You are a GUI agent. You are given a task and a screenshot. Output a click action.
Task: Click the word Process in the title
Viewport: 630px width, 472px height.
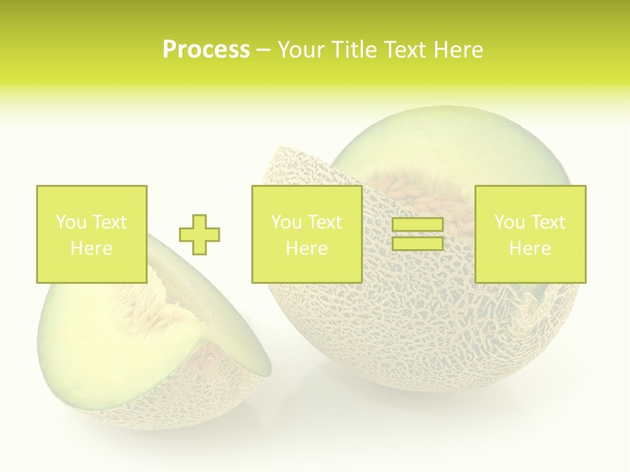click(206, 50)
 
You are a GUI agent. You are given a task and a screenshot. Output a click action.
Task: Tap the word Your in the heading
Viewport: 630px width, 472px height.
click(301, 50)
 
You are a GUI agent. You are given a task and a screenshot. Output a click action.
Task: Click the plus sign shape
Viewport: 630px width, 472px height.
click(199, 234)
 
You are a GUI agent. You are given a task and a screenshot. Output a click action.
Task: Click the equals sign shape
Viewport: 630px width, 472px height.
click(417, 234)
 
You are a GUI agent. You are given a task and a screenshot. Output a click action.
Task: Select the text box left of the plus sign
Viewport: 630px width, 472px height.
click(91, 234)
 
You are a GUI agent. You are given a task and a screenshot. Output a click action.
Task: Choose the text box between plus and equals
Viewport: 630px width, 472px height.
click(306, 234)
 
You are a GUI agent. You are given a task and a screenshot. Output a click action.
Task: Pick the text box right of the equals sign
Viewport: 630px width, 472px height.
click(530, 234)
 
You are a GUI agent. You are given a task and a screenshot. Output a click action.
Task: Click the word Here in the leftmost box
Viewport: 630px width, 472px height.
click(91, 248)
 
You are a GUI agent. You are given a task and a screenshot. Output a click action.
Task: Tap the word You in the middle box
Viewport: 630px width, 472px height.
click(286, 222)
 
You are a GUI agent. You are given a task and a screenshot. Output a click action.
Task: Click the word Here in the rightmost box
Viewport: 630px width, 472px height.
click(530, 248)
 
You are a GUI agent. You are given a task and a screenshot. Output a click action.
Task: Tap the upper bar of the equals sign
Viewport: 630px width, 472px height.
click(417, 225)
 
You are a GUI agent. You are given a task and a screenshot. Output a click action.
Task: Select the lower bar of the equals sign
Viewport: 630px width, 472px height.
click(417, 243)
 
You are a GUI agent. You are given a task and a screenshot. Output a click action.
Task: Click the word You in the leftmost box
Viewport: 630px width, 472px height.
click(71, 222)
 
